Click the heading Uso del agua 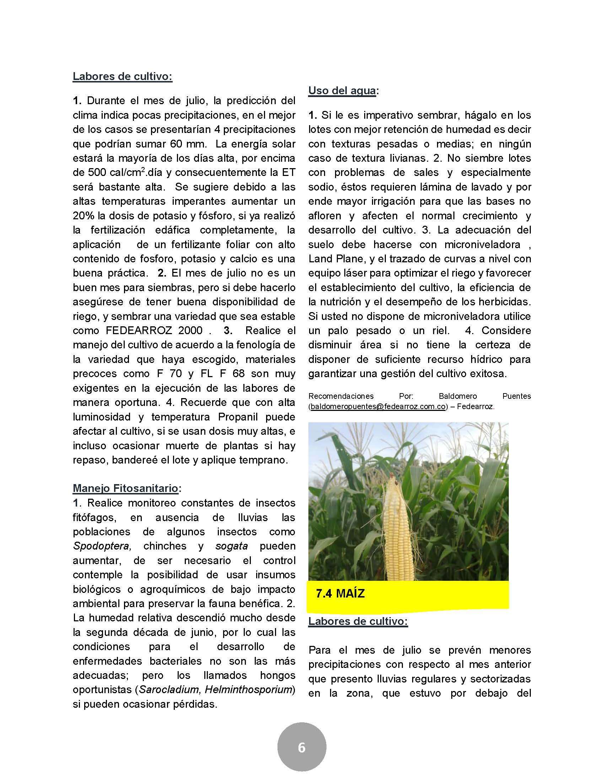pos(342,91)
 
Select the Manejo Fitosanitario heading pos(125,488)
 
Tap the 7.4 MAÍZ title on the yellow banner pos(340,594)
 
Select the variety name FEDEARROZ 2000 pos(138,331)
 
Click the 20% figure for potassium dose pos(84,216)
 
